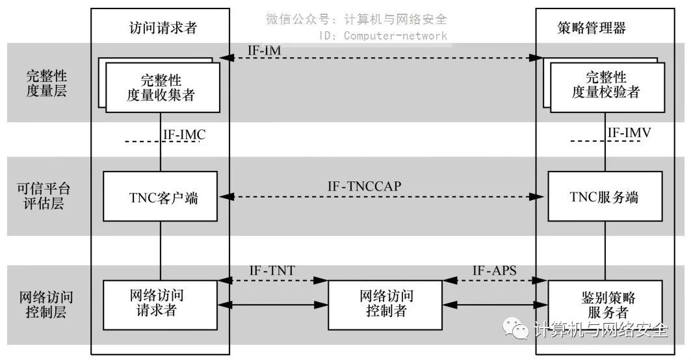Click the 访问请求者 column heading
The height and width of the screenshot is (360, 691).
coord(159,28)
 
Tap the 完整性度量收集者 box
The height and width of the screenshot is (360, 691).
coord(160,88)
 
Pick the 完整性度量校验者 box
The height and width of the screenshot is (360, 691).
coord(605,87)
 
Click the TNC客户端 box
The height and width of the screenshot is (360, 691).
coord(160,197)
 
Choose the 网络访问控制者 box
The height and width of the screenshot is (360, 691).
coord(383,303)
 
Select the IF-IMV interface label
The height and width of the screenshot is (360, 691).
coord(629,133)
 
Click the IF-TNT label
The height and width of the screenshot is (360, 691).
coord(273,270)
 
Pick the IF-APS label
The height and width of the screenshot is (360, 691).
coord(494,270)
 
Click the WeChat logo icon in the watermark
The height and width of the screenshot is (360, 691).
coord(519,329)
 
